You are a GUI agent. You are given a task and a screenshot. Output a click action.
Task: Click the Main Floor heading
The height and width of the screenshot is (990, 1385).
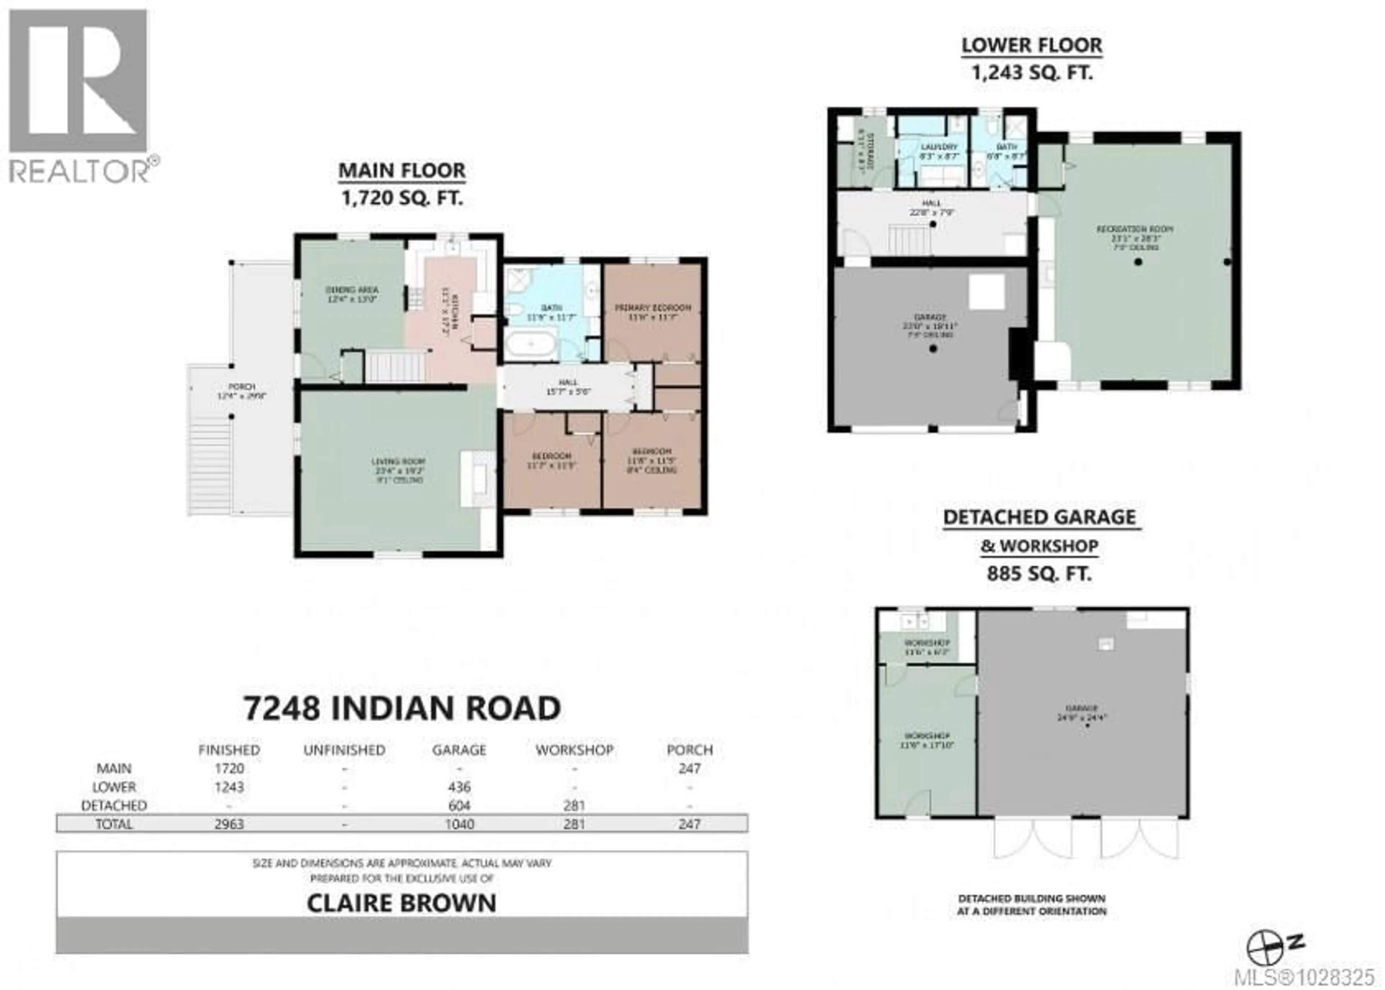point(402,171)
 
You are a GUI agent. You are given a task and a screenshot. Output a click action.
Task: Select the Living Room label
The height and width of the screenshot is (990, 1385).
point(398,462)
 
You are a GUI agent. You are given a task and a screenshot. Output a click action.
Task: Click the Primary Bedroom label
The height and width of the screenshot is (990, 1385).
point(652,308)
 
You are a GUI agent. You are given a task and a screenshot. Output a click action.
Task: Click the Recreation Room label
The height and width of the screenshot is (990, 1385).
point(1134,229)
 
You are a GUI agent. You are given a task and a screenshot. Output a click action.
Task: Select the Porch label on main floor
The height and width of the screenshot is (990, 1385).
point(241,387)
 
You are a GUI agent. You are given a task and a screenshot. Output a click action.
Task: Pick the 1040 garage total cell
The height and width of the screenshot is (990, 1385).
point(459,824)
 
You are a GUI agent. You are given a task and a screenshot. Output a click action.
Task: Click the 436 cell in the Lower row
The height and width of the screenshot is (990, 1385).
point(459,787)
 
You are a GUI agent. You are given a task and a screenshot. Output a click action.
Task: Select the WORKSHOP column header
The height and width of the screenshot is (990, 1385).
point(574,750)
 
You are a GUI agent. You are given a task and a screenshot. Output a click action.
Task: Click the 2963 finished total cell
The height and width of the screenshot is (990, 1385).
point(229,824)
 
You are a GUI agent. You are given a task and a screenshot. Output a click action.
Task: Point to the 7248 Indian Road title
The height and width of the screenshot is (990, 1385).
point(402,708)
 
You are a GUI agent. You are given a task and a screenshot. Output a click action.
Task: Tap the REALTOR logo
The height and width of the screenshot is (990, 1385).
point(79,94)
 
